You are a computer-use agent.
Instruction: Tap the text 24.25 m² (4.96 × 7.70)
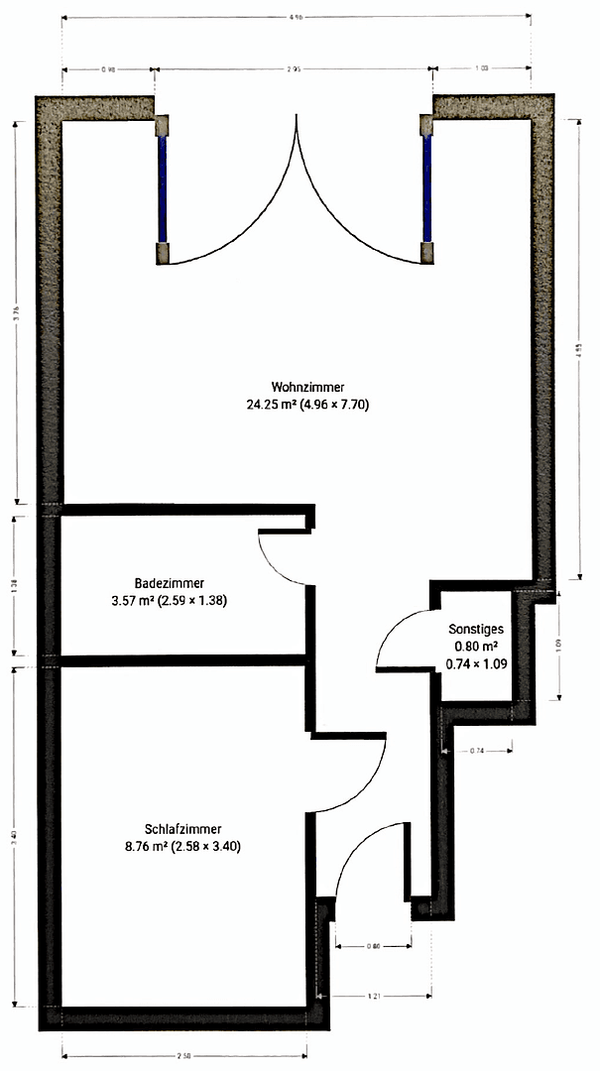tap(307, 405)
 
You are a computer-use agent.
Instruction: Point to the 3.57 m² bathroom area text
tap(170, 600)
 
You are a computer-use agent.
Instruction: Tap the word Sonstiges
tap(477, 629)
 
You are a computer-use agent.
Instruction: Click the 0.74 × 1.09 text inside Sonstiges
tap(476, 664)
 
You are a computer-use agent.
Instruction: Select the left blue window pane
tap(162, 188)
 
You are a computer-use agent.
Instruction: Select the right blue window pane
tap(427, 188)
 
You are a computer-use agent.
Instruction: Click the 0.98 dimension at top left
tap(108, 70)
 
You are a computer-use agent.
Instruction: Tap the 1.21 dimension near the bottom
tap(375, 996)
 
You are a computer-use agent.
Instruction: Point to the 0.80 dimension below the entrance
tap(373, 946)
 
